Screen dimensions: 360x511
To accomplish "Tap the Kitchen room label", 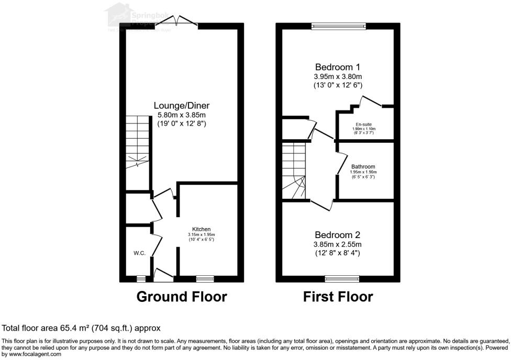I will [201, 229].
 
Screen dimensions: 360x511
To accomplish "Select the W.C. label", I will [139, 253].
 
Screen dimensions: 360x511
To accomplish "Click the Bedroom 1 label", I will [337, 67].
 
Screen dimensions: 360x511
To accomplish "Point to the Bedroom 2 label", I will [337, 235].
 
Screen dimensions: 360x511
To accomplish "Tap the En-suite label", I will [363, 124].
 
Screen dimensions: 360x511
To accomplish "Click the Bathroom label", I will [363, 166].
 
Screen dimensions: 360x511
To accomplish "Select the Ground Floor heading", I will [182, 297].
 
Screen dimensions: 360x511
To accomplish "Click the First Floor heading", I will [338, 297].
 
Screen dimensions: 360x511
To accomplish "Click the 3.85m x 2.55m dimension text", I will [337, 244].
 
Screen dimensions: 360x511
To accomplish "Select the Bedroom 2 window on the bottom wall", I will [342, 278].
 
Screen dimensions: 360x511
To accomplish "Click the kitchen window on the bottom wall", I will [205, 278].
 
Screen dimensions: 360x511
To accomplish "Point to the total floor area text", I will [81, 328].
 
